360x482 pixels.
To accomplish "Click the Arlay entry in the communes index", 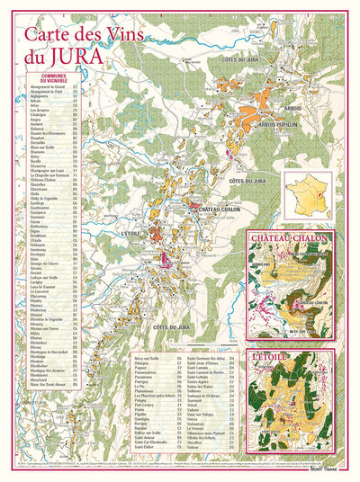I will pyautogui.click(x=34, y=110).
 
